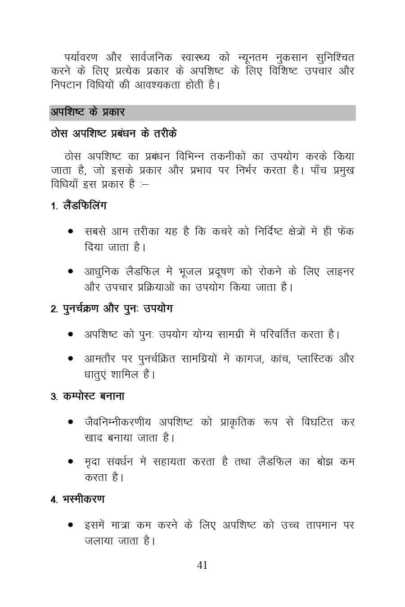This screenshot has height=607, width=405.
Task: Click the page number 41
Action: pos(202,566)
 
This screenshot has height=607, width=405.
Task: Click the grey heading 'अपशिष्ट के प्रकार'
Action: pos(87,112)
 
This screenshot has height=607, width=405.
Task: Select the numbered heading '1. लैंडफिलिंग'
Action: pos(79,206)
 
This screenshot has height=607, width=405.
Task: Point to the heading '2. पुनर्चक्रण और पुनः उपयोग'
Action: pos(112,309)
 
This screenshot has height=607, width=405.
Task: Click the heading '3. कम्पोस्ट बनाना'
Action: pos(88,397)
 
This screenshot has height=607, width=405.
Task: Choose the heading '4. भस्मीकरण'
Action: pos(78,500)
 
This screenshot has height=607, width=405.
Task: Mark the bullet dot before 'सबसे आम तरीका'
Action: pos(71,232)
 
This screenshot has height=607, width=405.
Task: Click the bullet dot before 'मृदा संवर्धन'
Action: pos(71,462)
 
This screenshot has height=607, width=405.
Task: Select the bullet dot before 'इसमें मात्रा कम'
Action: pos(71,525)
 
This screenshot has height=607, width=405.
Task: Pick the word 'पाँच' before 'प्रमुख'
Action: pos(315,171)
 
